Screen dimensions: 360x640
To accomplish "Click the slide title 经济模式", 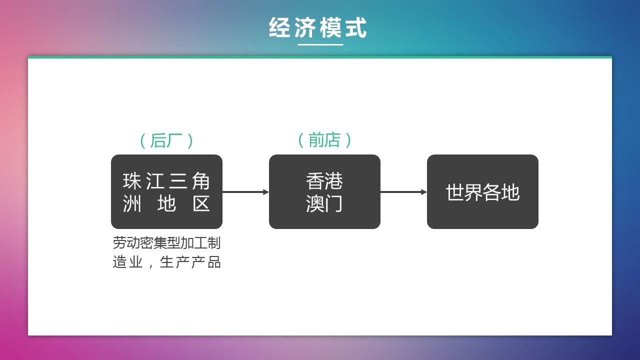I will (x=318, y=28).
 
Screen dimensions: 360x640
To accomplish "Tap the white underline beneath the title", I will (x=320, y=45).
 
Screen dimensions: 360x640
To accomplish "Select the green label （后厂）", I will (x=166, y=141).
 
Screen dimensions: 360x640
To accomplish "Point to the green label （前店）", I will (x=324, y=140).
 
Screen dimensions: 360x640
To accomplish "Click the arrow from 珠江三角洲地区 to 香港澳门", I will (x=245, y=192).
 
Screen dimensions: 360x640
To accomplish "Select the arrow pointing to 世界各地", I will (x=403, y=192).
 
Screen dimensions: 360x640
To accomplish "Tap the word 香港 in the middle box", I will (x=324, y=181).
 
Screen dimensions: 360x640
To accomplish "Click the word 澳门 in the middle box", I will (x=324, y=203).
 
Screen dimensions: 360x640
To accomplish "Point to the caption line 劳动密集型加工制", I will (x=166, y=243).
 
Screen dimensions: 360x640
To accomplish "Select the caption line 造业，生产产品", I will (x=166, y=262).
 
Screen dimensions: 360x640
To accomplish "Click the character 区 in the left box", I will (x=201, y=204).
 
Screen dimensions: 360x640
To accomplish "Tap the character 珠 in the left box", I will (x=132, y=181).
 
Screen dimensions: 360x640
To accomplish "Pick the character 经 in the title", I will (x=280, y=28).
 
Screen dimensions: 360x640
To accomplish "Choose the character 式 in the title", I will (x=356, y=28).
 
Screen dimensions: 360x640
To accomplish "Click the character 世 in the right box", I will (x=454, y=192).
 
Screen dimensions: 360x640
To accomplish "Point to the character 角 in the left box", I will (x=201, y=181).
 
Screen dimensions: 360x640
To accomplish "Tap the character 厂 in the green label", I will (x=174, y=141).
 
